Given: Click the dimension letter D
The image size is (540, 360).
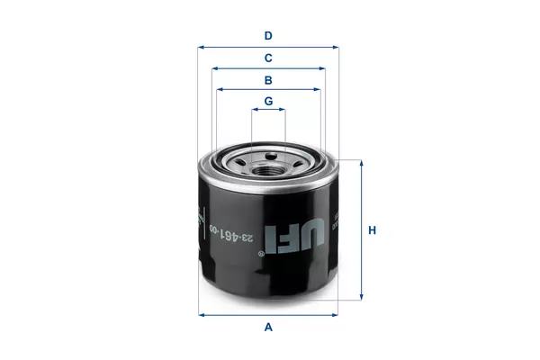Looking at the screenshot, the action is coord(268,36).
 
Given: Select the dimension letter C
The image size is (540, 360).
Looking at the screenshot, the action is coord(268,58).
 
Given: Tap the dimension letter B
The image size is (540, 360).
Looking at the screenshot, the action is coord(268,80).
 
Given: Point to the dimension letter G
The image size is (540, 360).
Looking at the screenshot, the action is coord(268,102).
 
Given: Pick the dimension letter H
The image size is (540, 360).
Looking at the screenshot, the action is coord(372,230).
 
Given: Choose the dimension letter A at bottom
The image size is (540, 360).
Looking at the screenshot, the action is coord(268,327).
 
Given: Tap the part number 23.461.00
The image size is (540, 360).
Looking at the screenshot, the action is coord(231,234).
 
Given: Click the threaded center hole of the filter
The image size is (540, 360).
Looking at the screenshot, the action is coord(268,170).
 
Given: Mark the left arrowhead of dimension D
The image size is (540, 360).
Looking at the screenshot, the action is coord(201,47).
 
